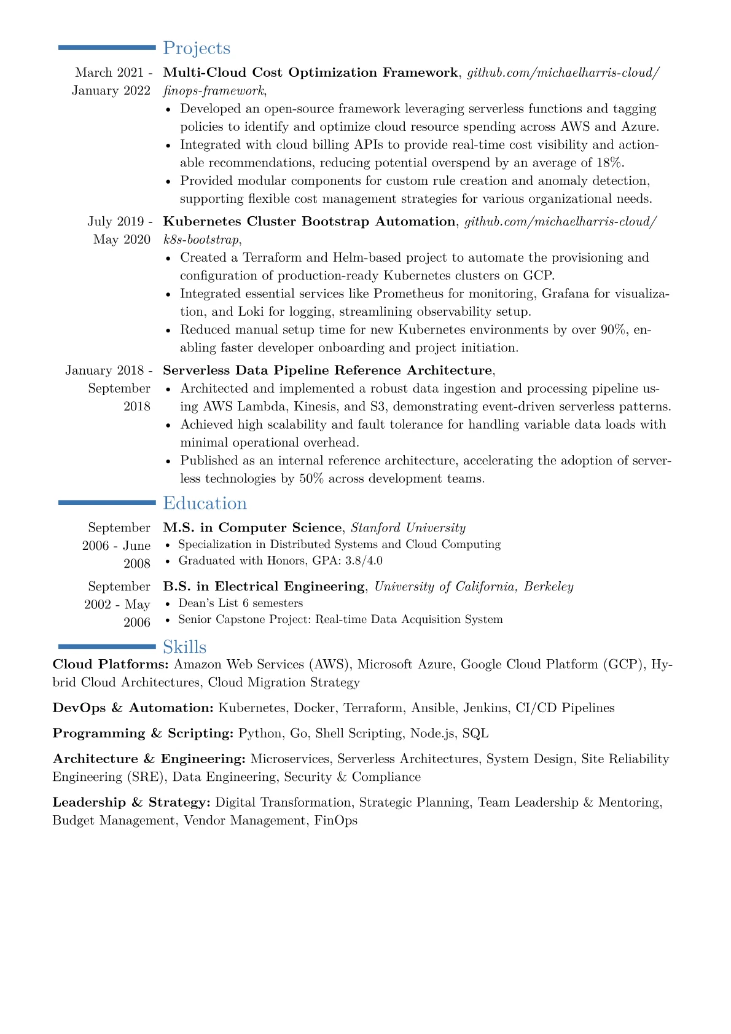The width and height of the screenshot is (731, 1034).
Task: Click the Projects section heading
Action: click(x=197, y=48)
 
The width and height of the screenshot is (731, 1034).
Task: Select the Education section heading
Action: click(x=205, y=503)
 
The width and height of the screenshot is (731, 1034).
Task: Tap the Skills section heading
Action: click(x=184, y=647)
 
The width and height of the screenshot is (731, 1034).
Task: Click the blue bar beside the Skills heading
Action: click(x=107, y=646)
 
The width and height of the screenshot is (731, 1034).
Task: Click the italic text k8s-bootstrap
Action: click(x=201, y=240)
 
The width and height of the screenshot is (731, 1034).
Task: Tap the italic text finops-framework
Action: click(x=213, y=91)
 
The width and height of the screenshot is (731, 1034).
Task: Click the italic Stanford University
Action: click(x=408, y=528)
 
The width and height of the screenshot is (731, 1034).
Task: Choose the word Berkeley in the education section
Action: click(x=549, y=587)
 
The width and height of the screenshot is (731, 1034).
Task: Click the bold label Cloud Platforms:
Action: click(x=111, y=665)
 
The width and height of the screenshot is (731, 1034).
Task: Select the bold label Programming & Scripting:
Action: click(x=143, y=734)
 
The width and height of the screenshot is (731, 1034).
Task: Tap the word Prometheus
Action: click(x=408, y=294)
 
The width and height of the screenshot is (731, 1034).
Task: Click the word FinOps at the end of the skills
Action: click(x=336, y=821)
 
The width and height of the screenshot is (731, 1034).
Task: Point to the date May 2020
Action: click(x=122, y=240)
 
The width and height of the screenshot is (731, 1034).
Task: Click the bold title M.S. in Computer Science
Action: click(x=252, y=528)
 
